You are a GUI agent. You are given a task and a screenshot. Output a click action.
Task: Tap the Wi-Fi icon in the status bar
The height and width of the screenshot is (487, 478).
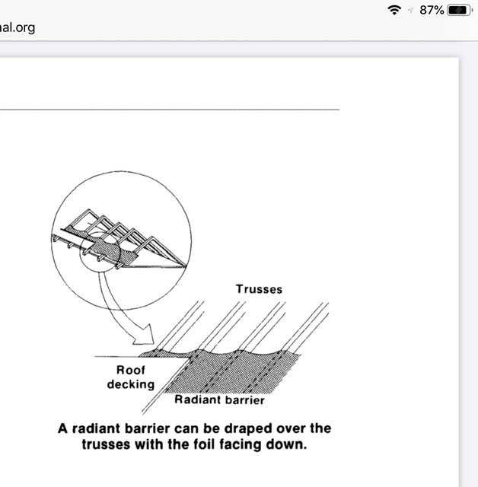click(x=394, y=10)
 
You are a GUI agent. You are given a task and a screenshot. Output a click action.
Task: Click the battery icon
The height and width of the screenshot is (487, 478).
click(x=460, y=10)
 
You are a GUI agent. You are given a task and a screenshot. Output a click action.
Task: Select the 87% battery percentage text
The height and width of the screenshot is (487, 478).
click(x=432, y=10)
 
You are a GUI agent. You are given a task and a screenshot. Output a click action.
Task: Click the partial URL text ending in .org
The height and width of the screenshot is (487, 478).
click(x=18, y=27)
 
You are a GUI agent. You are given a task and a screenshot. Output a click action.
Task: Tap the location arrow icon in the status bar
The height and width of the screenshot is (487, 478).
click(x=410, y=11)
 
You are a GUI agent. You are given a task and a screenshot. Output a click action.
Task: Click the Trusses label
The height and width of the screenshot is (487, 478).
click(x=259, y=289)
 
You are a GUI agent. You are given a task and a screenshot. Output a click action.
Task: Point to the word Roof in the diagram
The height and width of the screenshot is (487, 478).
click(x=130, y=370)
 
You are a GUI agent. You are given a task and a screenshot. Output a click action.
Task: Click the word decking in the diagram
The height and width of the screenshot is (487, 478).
click(x=131, y=384)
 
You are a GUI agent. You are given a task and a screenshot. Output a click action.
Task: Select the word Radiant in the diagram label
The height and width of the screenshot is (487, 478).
click(x=195, y=399)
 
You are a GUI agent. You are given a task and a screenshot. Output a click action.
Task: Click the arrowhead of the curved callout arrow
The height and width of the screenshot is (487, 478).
click(x=145, y=336)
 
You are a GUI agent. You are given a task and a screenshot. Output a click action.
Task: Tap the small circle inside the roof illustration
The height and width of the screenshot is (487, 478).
click(x=100, y=252)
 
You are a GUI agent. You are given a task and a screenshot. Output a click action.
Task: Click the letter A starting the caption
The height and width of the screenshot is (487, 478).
click(x=62, y=428)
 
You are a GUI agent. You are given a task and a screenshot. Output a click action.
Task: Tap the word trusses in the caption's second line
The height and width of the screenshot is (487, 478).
click(x=107, y=444)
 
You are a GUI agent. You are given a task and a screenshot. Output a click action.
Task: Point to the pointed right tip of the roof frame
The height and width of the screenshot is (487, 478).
click(x=186, y=266)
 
